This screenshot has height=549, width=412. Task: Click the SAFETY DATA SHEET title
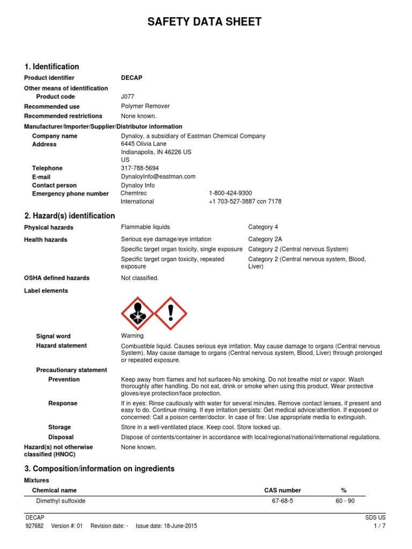[x=205, y=22]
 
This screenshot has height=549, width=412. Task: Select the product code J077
[x=128, y=97]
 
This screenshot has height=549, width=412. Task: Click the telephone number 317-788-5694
[x=139, y=168]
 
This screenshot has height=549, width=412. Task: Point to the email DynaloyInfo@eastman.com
[x=158, y=176]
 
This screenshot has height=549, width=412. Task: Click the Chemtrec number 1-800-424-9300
[x=230, y=193]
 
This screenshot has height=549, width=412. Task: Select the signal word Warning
[x=132, y=336]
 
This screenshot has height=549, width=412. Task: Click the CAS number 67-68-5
[x=283, y=501]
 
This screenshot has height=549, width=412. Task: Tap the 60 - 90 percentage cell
[x=344, y=501]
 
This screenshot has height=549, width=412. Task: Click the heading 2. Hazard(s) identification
[x=70, y=216]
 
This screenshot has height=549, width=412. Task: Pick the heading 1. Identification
[x=51, y=66]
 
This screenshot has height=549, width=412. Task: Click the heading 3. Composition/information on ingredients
[x=99, y=469]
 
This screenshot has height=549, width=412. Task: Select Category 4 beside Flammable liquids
[x=263, y=227]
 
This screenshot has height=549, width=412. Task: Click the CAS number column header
[x=283, y=490]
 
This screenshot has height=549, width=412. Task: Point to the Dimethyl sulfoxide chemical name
[x=61, y=501]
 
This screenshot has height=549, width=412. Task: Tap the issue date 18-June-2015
[x=166, y=526]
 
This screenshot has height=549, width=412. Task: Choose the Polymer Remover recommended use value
[x=145, y=106]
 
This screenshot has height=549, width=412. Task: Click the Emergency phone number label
[x=70, y=194]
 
